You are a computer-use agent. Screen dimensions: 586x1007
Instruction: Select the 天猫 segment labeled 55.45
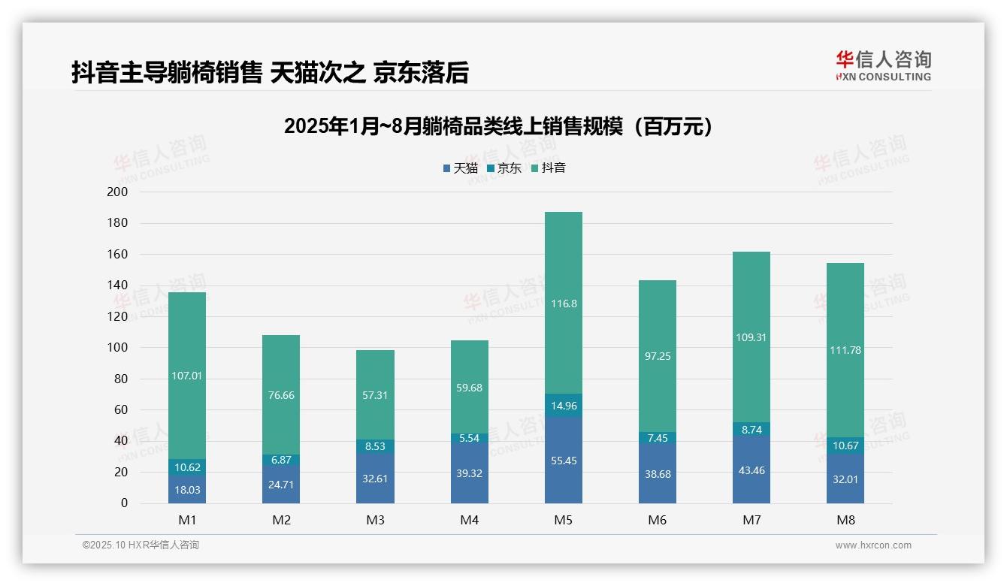563,461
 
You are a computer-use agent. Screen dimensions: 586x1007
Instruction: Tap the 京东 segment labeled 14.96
563,406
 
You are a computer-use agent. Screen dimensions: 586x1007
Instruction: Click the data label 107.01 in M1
187,376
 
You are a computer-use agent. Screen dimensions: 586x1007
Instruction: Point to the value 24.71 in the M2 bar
281,485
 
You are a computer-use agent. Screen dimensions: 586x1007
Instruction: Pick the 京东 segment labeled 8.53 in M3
375,446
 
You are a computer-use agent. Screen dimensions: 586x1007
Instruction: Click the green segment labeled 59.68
469,387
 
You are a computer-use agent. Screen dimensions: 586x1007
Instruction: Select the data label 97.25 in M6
658,356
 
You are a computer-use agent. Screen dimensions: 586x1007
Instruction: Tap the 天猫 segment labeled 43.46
751,470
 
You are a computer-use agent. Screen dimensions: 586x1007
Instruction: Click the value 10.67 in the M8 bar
845,446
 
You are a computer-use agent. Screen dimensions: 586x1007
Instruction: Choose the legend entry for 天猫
460,168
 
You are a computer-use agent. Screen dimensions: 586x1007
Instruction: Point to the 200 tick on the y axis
118,192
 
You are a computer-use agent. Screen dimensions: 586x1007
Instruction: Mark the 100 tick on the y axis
118,348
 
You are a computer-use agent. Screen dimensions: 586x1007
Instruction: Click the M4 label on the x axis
469,520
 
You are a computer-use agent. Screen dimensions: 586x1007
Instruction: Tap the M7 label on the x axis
751,520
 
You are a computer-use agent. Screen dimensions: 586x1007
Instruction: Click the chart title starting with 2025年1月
497,126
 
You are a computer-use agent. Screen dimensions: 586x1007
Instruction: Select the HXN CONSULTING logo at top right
883,66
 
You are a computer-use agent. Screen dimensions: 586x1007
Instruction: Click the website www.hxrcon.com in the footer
872,545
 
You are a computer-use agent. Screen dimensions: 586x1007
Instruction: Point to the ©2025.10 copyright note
141,545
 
